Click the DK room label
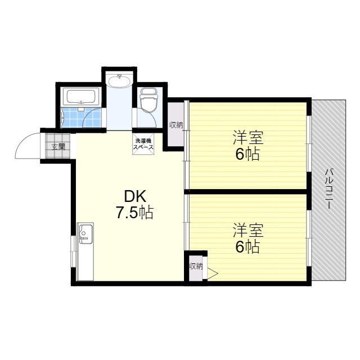point(135,196)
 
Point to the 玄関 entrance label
point(58,147)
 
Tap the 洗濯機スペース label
point(143,143)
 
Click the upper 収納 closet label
point(176,125)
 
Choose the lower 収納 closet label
point(196,266)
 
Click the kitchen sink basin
point(85,232)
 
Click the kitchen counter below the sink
point(85,262)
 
